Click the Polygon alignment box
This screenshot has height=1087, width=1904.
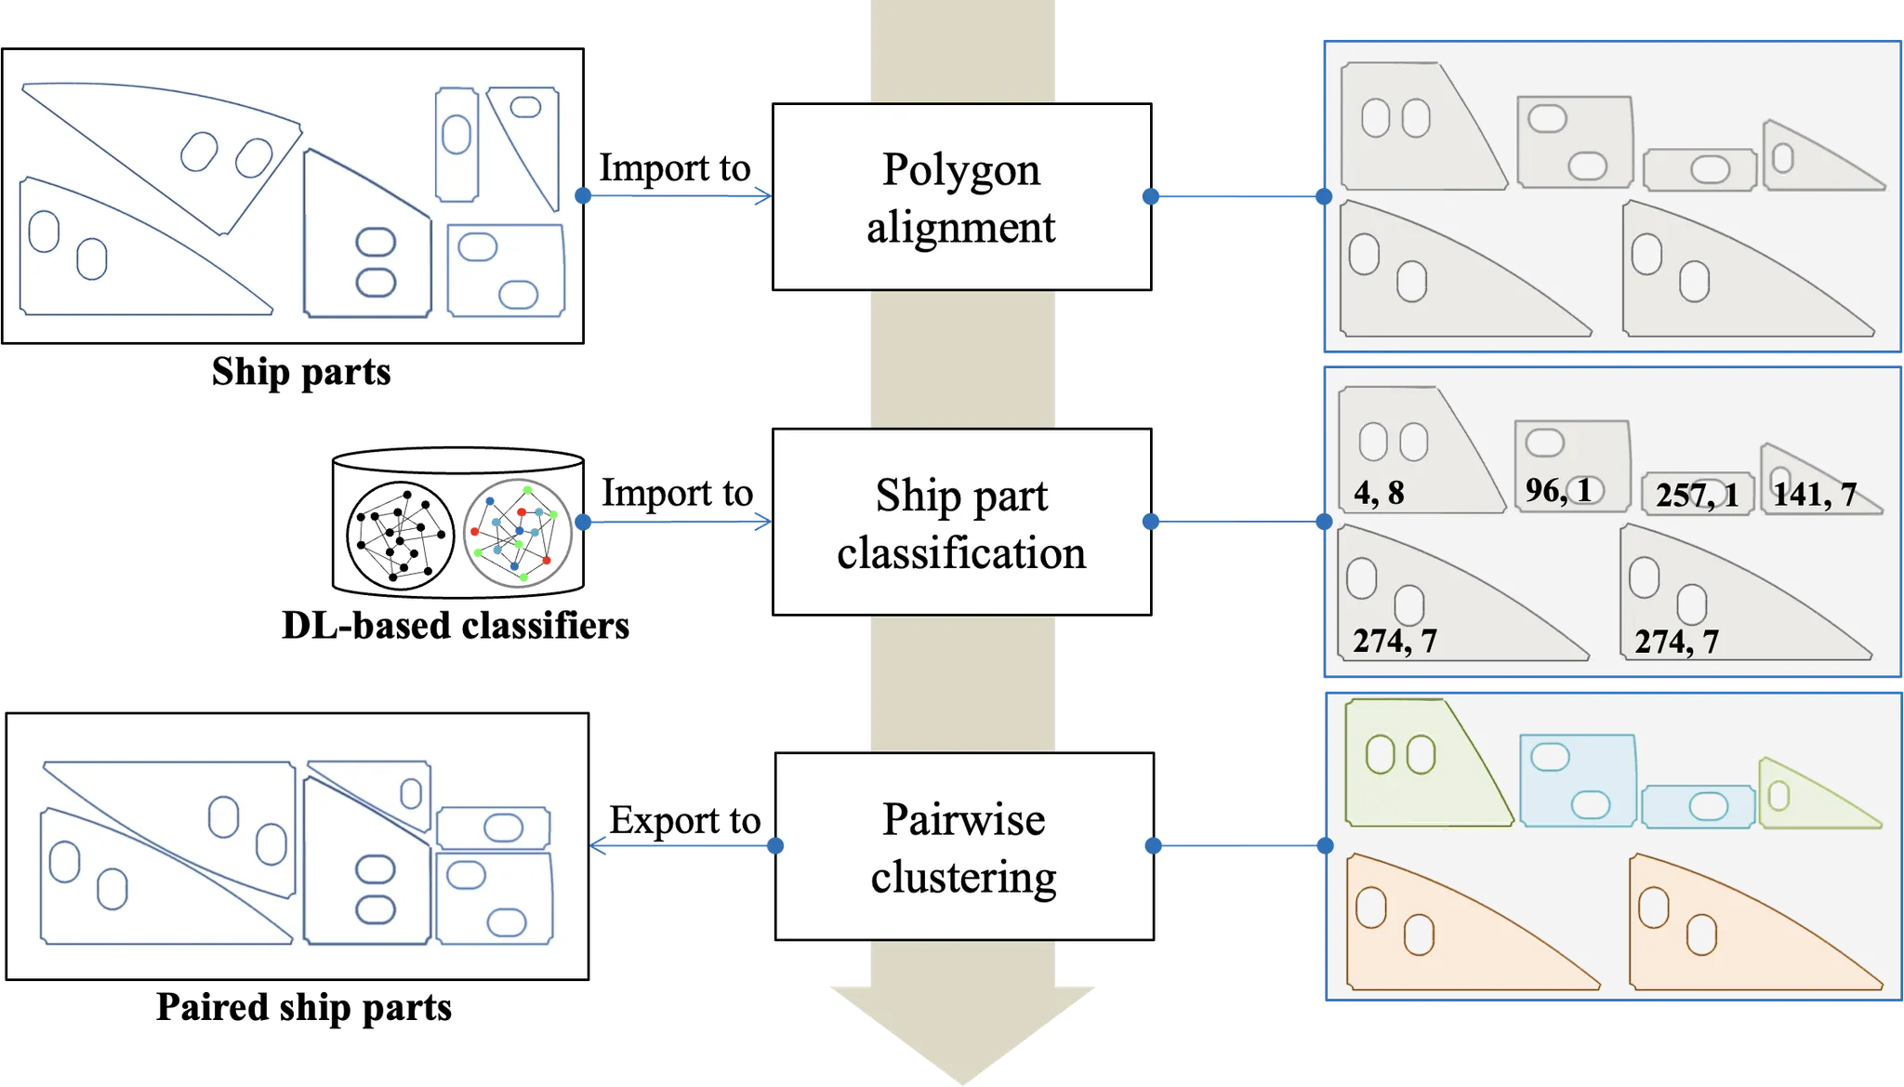click(961, 196)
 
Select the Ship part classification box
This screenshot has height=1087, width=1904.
click(961, 522)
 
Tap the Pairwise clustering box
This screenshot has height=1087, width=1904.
click(963, 846)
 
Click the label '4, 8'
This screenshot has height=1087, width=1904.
click(1379, 493)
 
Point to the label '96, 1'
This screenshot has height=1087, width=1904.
click(1558, 490)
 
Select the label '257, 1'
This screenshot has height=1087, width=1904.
click(1697, 495)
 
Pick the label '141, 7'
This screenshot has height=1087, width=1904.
click(1814, 495)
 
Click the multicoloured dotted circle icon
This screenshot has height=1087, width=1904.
click(516, 534)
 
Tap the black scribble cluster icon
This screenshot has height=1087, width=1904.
click(399, 536)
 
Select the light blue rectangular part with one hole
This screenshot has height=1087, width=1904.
click(1698, 807)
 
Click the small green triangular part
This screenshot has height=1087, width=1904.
click(1813, 798)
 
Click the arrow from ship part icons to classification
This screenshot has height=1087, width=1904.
click(674, 523)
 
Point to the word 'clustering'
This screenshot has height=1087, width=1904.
click(963, 876)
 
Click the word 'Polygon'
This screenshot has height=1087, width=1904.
click(961, 169)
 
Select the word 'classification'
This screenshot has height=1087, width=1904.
click(961, 552)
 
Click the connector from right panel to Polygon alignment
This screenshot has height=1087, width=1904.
click(1236, 197)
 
